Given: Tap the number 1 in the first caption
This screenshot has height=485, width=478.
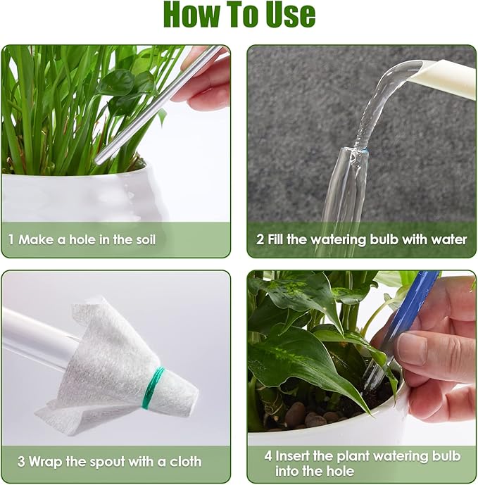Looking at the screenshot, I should (x=11, y=240).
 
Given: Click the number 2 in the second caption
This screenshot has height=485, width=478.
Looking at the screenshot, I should (x=260, y=240).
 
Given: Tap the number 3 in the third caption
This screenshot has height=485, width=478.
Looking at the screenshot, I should (x=22, y=462).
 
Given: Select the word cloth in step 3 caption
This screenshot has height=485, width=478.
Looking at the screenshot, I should (x=184, y=462).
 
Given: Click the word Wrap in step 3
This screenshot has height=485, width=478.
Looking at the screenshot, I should (x=47, y=462).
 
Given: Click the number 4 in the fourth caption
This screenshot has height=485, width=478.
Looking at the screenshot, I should (x=268, y=455).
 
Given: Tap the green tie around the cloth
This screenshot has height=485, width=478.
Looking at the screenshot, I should (x=153, y=388).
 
